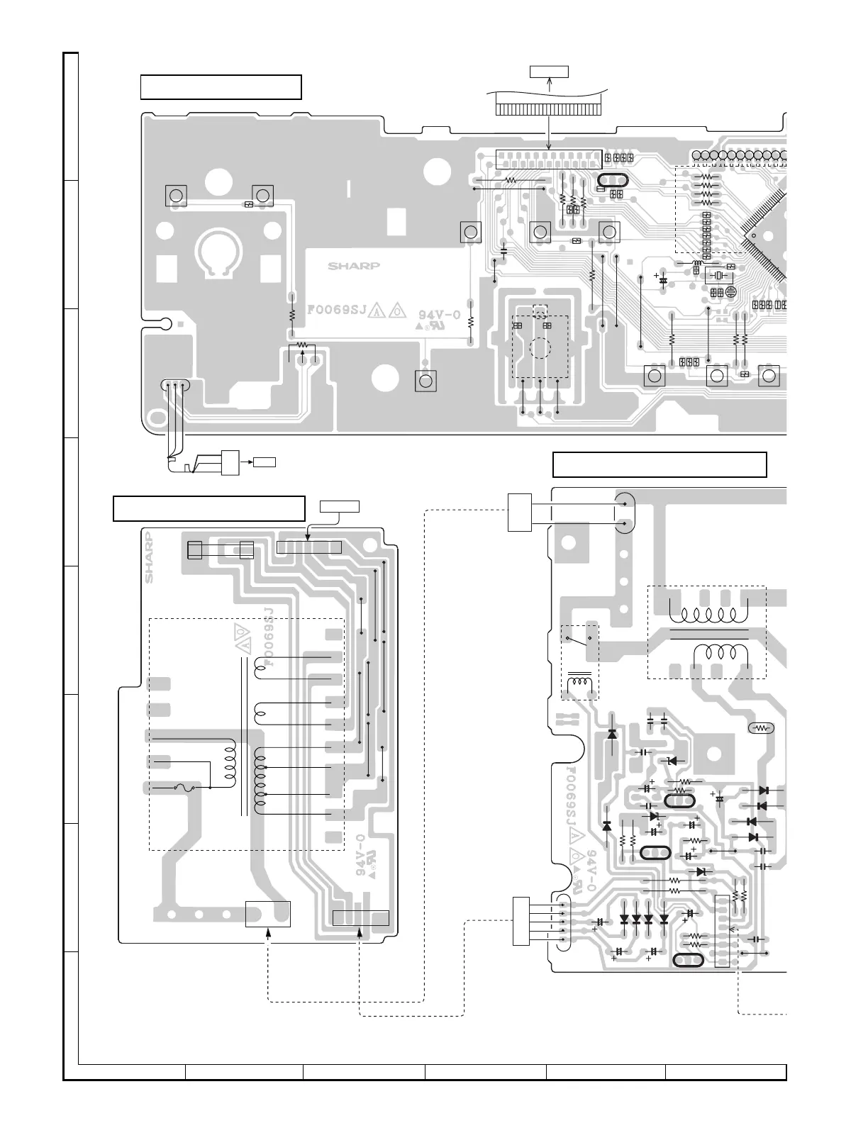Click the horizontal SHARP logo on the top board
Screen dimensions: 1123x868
click(x=354, y=267)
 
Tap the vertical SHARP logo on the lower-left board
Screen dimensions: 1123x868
click(x=150, y=557)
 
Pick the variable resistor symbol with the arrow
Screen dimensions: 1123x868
click(x=304, y=347)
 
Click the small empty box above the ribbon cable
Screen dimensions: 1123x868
click(x=550, y=71)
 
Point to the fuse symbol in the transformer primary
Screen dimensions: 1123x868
click(x=182, y=787)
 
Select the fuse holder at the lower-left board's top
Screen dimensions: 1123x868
click(x=220, y=549)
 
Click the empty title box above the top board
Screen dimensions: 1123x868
click(x=221, y=87)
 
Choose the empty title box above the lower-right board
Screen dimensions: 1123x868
click(x=660, y=464)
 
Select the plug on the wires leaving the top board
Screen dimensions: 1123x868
click(x=230, y=462)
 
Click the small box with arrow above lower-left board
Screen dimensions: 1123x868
click(x=340, y=506)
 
